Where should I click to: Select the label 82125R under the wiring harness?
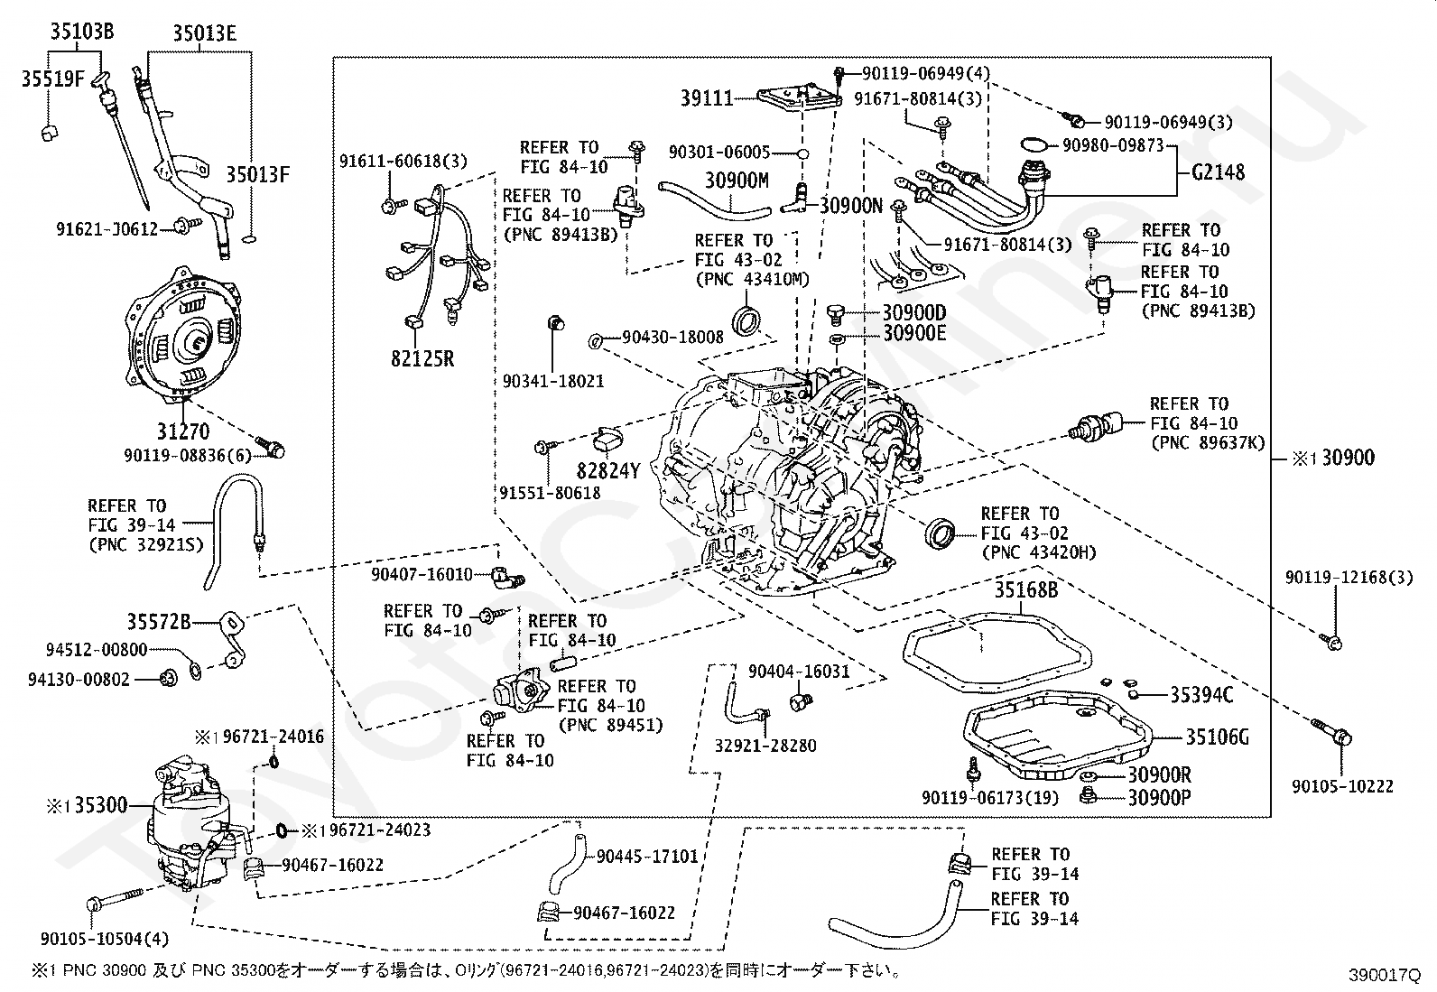coord(422,359)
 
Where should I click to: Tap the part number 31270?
coord(183,431)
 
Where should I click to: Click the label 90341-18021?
coord(553,382)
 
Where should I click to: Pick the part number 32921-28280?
coord(765,746)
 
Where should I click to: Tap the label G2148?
coord(1218,172)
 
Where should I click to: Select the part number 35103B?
coord(81,34)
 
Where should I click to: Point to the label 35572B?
coord(158,621)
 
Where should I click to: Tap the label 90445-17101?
coord(647,856)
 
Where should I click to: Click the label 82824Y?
coord(608,469)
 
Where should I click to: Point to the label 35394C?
coord(1201,695)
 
